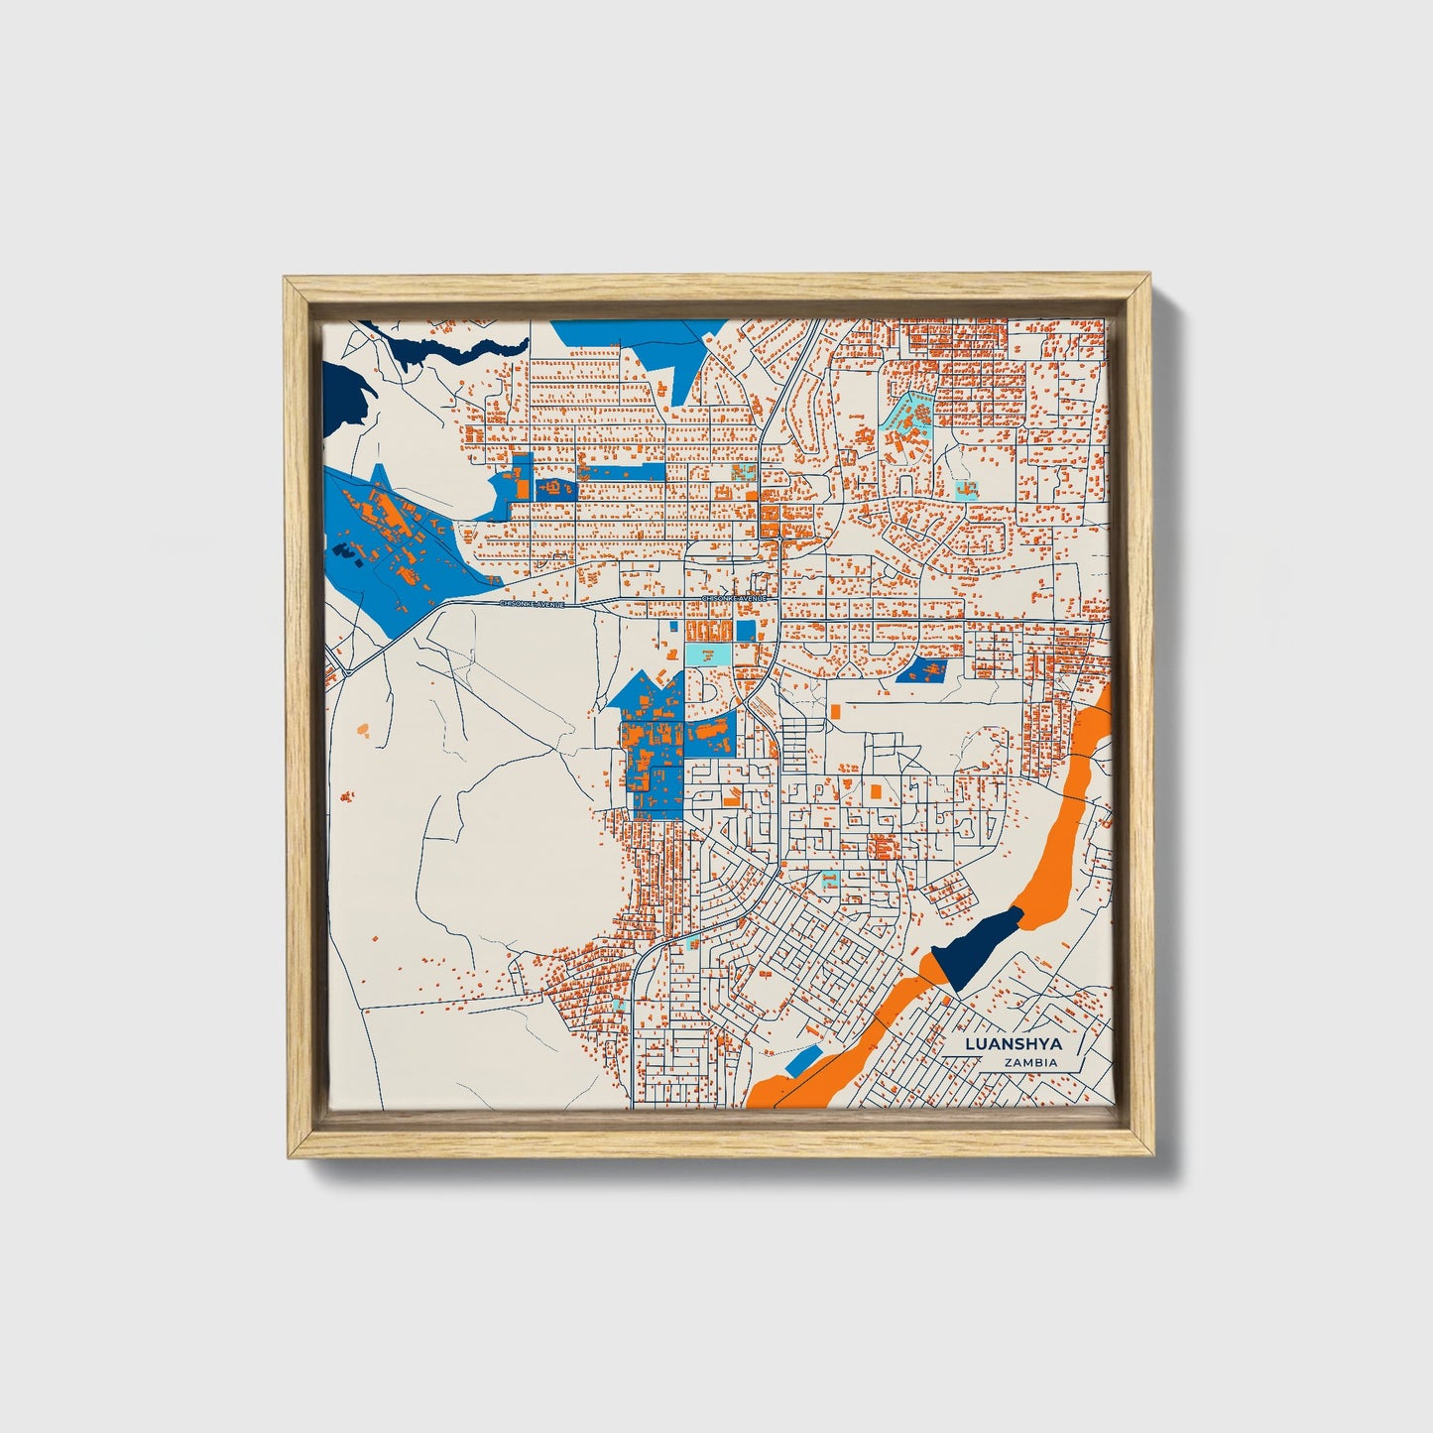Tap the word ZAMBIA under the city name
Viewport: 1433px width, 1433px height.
click(1029, 1063)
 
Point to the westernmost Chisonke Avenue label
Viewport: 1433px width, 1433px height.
click(531, 603)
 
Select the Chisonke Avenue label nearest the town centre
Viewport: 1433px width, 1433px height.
click(735, 599)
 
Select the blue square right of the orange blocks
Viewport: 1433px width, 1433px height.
click(745, 630)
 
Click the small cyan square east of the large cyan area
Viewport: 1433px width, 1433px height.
click(964, 489)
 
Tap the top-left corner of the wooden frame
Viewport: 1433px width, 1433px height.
click(288, 281)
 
